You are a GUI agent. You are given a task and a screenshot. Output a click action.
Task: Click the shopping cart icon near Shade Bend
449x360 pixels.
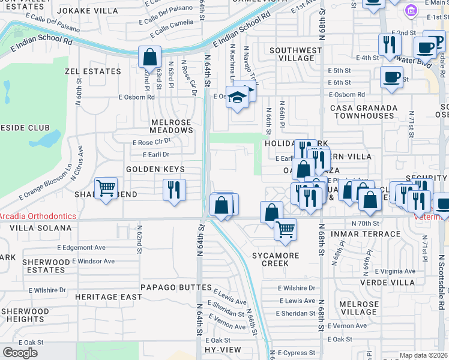pyautogui.click(x=106, y=188)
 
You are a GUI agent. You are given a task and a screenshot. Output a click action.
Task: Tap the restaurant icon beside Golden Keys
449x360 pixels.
pyautogui.click(x=174, y=190)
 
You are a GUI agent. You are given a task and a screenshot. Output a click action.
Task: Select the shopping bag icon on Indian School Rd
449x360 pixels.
pyautogui.click(x=149, y=58)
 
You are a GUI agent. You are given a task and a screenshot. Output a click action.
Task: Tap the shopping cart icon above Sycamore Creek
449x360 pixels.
pyautogui.click(x=285, y=229)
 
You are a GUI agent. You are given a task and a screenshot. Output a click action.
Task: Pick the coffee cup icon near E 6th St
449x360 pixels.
pyautogui.click(x=391, y=77)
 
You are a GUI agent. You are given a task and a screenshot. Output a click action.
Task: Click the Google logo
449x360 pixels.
pyautogui.click(x=20, y=353)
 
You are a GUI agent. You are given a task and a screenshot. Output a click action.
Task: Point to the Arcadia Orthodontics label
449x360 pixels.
pyautogui.click(x=38, y=216)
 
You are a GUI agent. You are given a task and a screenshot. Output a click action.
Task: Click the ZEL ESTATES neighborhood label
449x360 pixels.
pyautogui.click(x=93, y=71)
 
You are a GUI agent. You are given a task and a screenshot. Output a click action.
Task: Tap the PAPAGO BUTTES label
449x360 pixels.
pyautogui.click(x=168, y=287)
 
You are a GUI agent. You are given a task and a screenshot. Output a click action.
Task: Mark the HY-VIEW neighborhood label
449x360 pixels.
pyautogui.click(x=222, y=350)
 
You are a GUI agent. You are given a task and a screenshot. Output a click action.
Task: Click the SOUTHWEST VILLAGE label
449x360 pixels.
pyautogui.click(x=295, y=55)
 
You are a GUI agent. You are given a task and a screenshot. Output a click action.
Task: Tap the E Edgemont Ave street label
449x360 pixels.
pyautogui.click(x=81, y=247)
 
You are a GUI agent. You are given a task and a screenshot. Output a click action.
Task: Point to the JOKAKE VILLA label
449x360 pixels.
pyautogui.click(x=92, y=10)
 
